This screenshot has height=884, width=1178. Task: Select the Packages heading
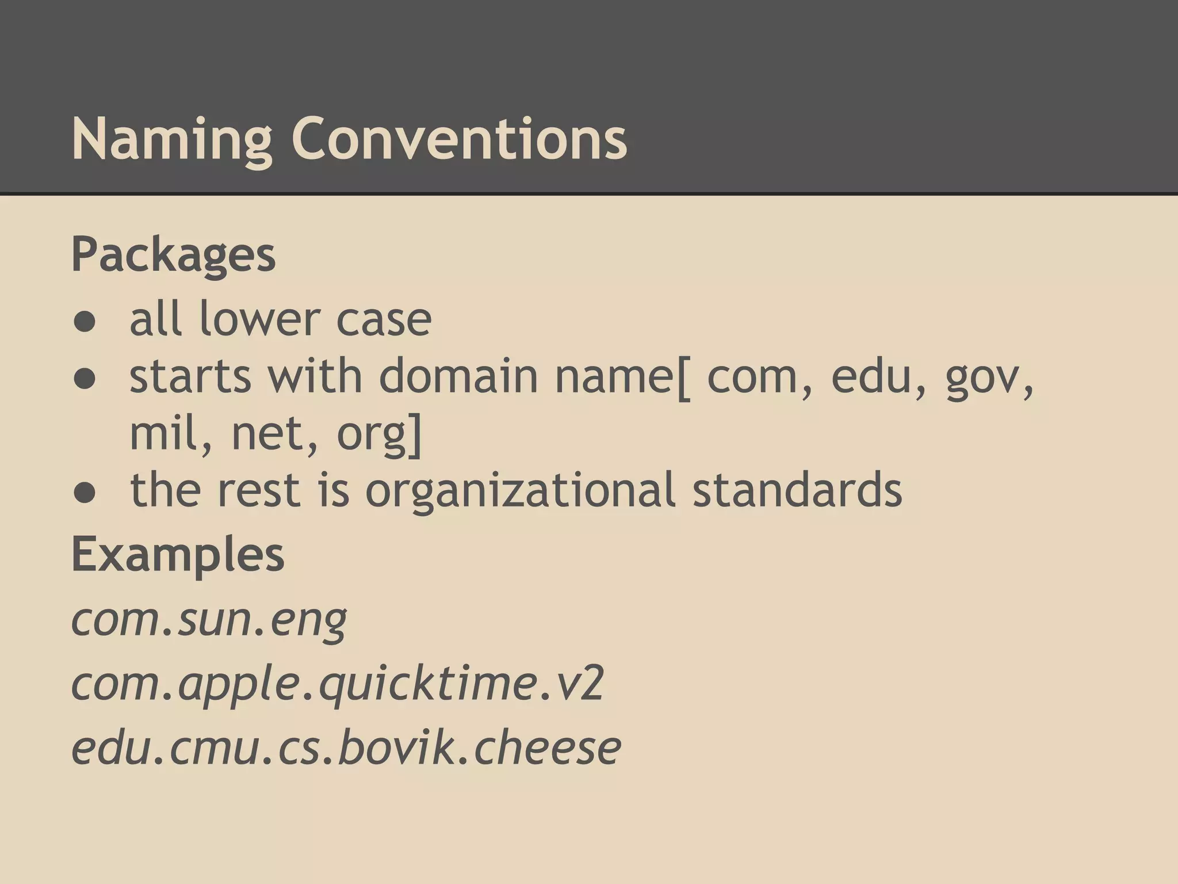(x=173, y=256)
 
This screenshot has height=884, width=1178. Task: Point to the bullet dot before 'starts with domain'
(x=84, y=380)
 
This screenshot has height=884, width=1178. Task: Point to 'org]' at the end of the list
(x=380, y=435)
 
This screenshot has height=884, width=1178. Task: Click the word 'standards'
(x=797, y=489)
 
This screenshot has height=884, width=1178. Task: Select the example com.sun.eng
(x=209, y=620)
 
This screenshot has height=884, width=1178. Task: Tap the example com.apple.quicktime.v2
(x=338, y=684)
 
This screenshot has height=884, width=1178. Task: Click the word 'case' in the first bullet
(x=384, y=320)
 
